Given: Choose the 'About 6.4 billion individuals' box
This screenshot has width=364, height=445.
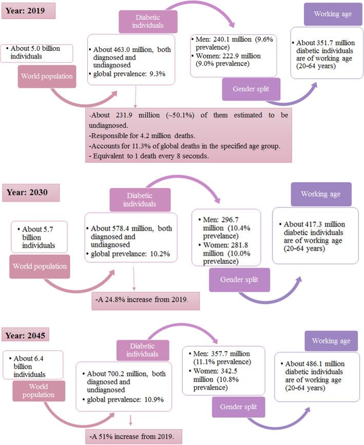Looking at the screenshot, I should pos(32,364).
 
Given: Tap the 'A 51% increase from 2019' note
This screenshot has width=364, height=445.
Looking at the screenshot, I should pos(136,438).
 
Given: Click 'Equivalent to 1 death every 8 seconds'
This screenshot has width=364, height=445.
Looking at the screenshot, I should pos(148,155).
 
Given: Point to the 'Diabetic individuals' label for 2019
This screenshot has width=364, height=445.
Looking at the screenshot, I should pos(141,23).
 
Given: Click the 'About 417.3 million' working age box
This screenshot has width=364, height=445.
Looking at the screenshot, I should pos(315,235).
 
